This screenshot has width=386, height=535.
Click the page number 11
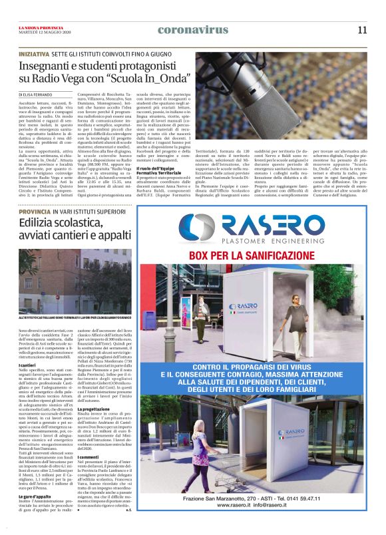tap(362, 29)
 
